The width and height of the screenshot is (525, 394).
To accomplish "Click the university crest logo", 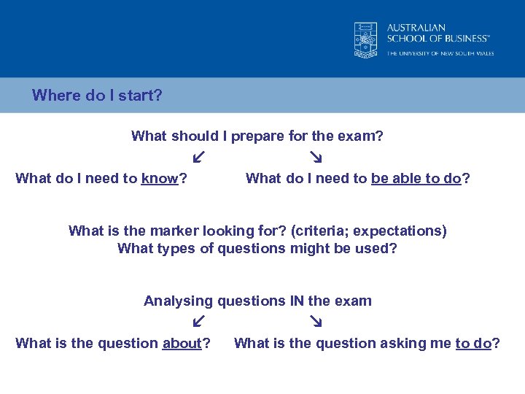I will tap(366, 40).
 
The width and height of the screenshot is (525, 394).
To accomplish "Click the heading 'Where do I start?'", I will tap(97, 96).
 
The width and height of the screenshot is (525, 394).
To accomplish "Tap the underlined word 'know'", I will tap(160, 179).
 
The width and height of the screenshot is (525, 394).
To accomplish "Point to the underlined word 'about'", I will tap(182, 344).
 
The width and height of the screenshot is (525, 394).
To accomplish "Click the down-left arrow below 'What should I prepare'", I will tap(198, 157).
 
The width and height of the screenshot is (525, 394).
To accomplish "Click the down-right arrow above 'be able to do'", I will tap(316, 157).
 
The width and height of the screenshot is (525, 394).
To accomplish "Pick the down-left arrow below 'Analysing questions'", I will tap(198, 321).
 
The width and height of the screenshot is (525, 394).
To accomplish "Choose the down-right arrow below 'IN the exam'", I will tap(316, 321).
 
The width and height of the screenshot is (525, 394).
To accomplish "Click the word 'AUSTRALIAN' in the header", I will tap(416, 28).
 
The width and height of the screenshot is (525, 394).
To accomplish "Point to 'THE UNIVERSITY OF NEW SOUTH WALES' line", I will tap(440, 53).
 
